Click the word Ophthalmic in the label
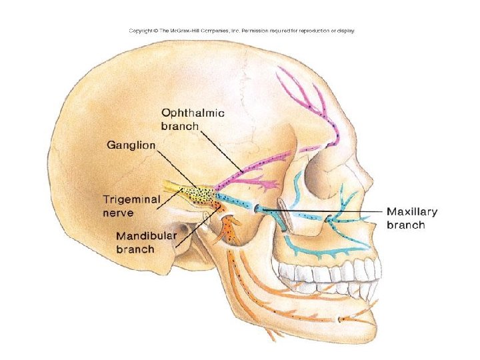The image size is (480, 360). tap(193, 113)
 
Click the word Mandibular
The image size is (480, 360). tap(145, 237)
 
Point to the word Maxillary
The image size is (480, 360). tap(412, 212)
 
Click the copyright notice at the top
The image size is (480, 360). tap(241, 31)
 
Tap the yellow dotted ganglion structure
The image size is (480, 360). tap(199, 194)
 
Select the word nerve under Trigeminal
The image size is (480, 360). tap(118, 213)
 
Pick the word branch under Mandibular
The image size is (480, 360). tap(135, 249)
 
